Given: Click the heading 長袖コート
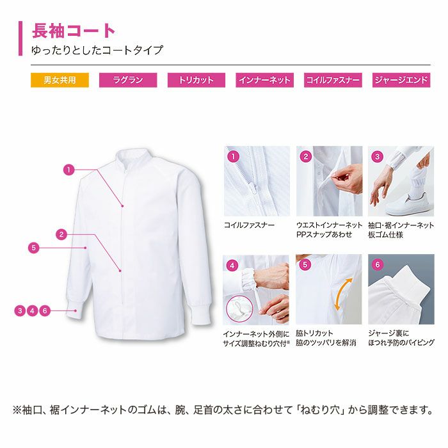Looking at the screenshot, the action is point(73,31).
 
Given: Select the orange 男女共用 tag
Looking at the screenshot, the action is point(60,80).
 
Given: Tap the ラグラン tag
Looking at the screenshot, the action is point(128,80).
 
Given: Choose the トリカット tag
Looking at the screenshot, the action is point(196,80).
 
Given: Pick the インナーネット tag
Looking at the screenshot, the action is point(264,80).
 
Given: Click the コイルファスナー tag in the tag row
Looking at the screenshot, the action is point(333,80).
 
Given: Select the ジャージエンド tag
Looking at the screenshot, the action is point(401,80).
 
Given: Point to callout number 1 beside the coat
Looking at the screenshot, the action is point(68,170).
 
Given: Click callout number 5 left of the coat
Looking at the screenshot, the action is point(34,248).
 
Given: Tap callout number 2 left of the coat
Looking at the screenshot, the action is point(61,235).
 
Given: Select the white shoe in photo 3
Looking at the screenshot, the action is point(409,204).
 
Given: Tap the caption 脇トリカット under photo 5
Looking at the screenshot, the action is point(314,333).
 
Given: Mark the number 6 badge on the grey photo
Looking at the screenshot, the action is point(377,264).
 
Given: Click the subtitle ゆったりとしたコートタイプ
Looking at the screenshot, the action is point(97,51).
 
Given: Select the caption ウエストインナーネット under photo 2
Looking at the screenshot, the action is point(329,225).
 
